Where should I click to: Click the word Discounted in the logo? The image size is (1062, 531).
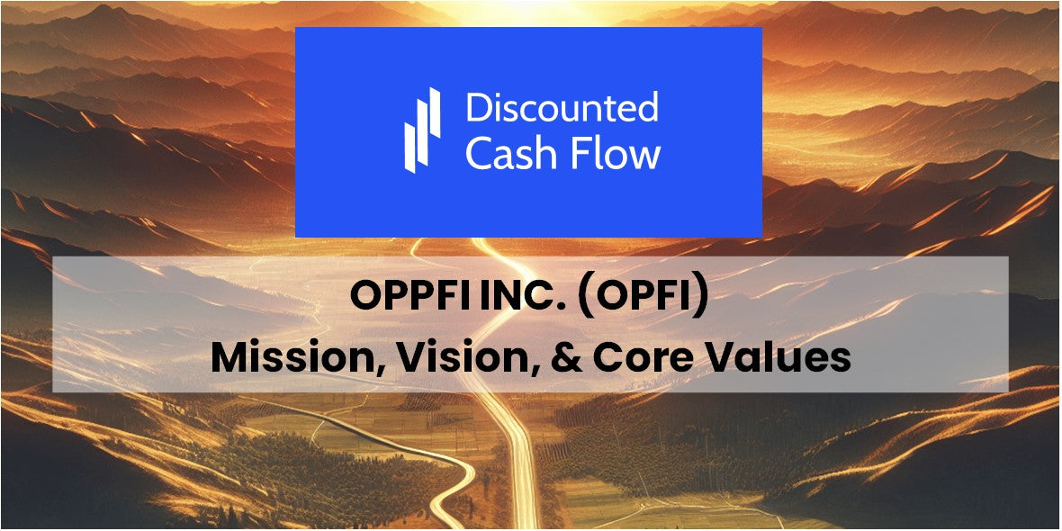[x=562, y=108]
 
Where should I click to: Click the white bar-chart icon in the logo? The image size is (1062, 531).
[x=422, y=130]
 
